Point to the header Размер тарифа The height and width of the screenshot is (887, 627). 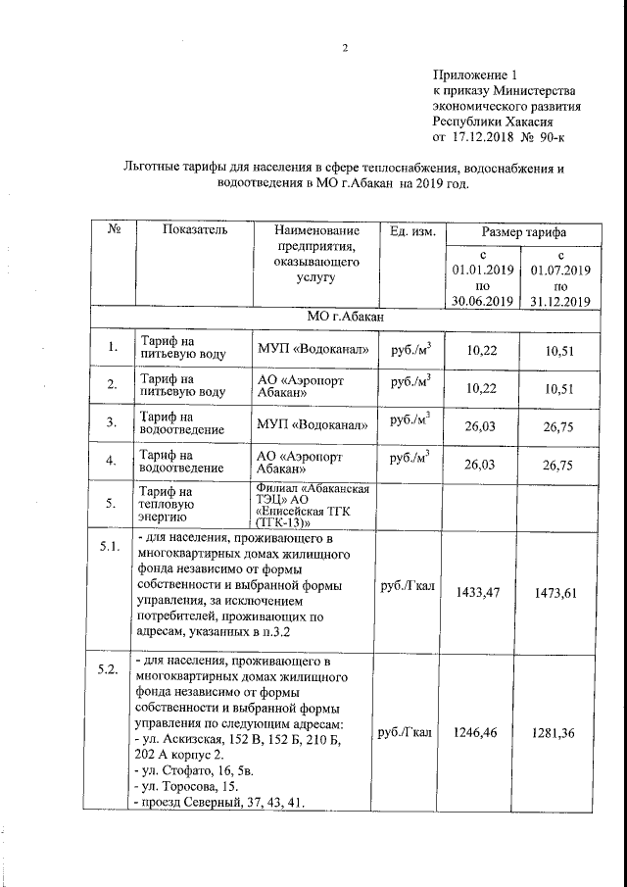click(x=525, y=231)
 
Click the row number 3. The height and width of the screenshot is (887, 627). click(x=113, y=422)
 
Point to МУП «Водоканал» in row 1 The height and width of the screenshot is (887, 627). click(x=313, y=349)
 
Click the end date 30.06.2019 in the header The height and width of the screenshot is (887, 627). click(x=482, y=301)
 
